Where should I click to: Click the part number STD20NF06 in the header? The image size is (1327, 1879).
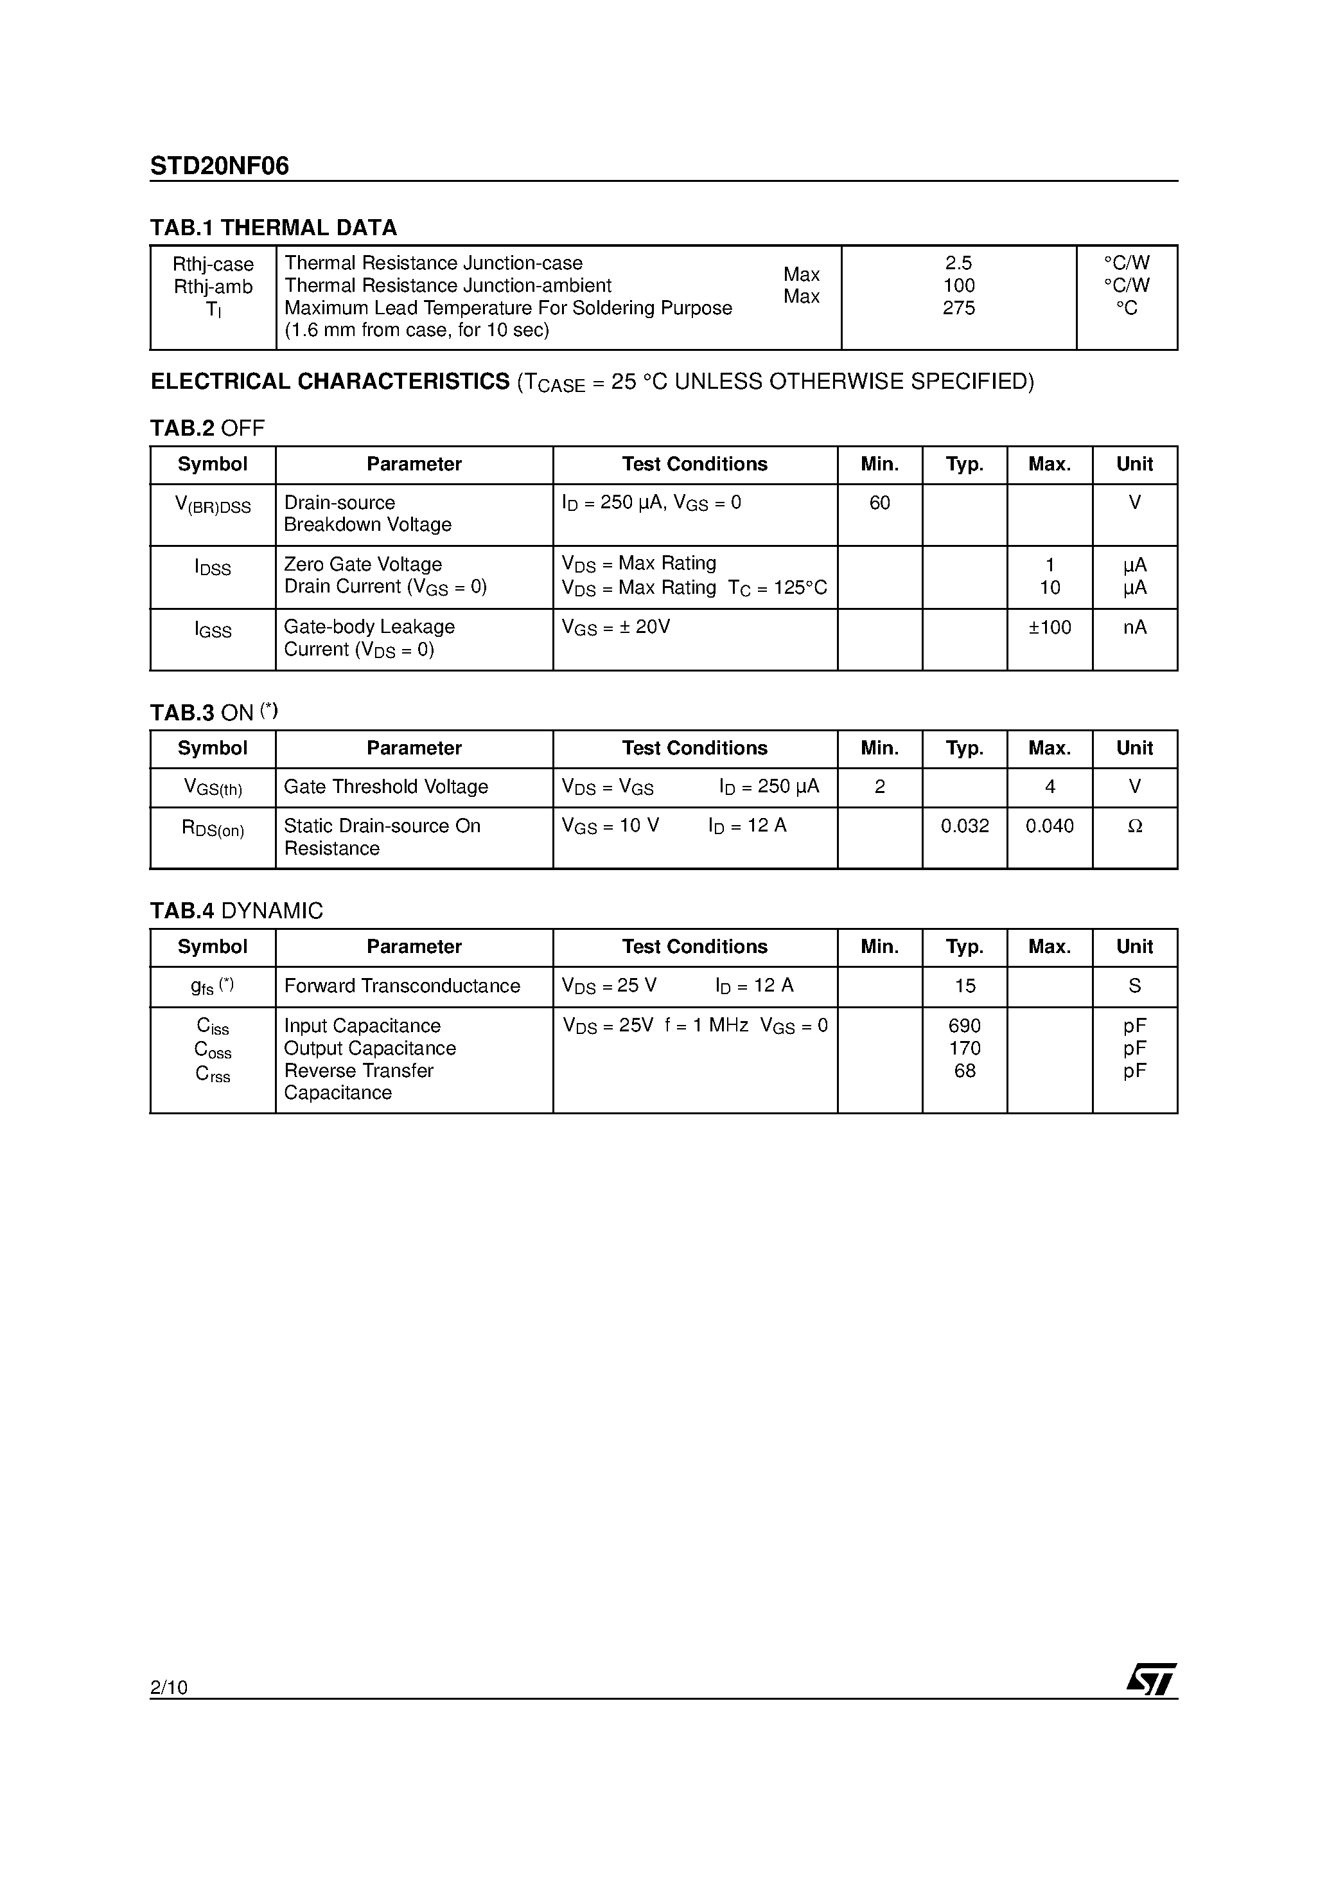(219, 166)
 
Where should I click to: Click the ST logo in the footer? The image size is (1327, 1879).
(1152, 1679)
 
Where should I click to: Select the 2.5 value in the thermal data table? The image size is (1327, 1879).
(958, 263)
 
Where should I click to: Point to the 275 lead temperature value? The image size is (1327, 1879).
(958, 308)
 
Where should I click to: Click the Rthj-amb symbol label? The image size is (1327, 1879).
(213, 287)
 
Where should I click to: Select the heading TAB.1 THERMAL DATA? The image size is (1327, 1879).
(273, 227)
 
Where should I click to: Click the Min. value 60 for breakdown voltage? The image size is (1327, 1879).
(879, 503)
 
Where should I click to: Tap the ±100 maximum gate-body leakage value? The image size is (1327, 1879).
(1050, 628)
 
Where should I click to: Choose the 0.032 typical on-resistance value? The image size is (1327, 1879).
(965, 826)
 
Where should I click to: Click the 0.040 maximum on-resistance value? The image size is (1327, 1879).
(1050, 826)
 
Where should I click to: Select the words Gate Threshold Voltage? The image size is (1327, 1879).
(386, 787)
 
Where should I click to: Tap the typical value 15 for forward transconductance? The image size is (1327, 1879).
(965, 986)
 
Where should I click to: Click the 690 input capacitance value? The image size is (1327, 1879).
(965, 1026)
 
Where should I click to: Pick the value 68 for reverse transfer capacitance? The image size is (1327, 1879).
(965, 1071)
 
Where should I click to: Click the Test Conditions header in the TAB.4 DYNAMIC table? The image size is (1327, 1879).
(694, 947)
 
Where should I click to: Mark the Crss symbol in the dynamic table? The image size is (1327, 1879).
(213, 1074)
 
